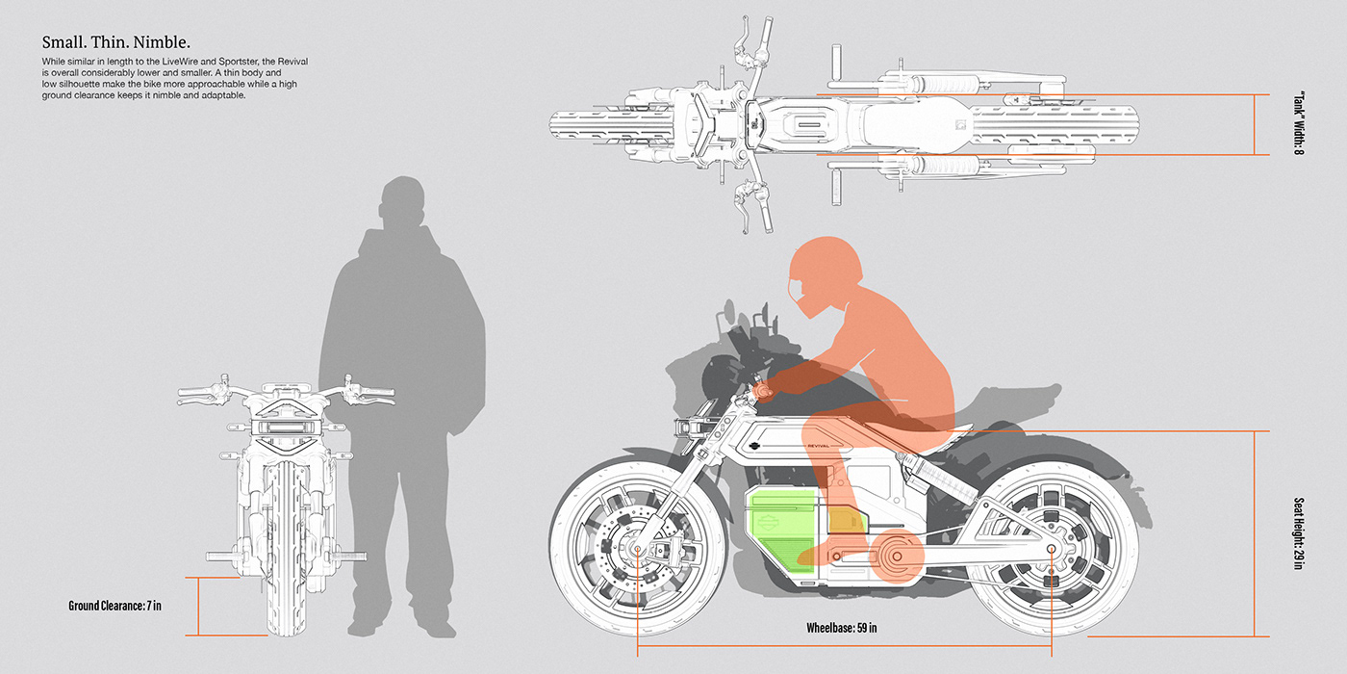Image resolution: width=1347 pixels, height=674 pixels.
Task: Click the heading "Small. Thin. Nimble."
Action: pos(116,42)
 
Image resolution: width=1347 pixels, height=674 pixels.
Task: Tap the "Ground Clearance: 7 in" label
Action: pos(114,606)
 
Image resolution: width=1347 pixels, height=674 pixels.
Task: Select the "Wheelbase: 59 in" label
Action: pos(841,628)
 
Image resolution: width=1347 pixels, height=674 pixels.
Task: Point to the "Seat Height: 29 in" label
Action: pos(1299,533)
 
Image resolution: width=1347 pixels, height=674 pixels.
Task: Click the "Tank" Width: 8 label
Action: pos(1299,123)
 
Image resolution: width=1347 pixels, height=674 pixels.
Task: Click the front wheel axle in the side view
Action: pos(637,550)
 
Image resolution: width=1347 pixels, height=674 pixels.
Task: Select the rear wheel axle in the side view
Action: pos(1051,549)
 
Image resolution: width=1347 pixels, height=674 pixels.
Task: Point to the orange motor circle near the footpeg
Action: pos(896,557)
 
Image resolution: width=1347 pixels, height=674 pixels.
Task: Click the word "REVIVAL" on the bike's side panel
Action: pos(818,446)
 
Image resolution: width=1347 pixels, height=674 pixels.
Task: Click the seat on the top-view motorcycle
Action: pos(917,125)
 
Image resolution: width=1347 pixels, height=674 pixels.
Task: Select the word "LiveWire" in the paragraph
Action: pos(180,62)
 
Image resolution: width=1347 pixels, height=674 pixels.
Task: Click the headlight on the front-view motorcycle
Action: pos(287,428)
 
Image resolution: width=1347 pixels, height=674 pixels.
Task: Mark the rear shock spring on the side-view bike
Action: pos(942,480)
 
